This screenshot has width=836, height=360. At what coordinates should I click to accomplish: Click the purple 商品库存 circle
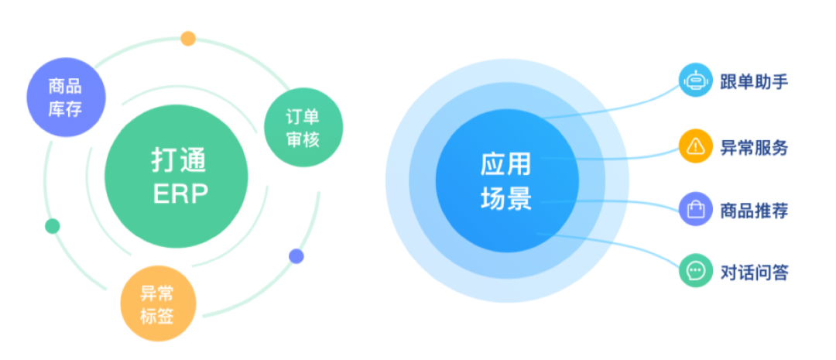coord(65,98)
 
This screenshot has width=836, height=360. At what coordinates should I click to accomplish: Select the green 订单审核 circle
coord(292,128)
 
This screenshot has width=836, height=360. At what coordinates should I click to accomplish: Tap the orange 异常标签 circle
coord(157,304)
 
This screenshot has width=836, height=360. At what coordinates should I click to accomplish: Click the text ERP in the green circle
coord(180,194)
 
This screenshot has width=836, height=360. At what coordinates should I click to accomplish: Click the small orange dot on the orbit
coord(188,38)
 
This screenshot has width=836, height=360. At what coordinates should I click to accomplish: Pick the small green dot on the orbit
coord(52,226)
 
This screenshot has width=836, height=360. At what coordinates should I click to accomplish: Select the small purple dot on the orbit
coord(296,255)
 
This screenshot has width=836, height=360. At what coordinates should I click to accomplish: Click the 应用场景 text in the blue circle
coord(505,181)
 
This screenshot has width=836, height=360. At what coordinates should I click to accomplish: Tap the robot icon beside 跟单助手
coord(695,81)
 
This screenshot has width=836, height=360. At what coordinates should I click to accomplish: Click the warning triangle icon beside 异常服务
coord(695,146)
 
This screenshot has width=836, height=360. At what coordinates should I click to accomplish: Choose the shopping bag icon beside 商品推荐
coord(695,209)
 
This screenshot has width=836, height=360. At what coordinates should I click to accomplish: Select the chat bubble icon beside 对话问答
coord(695,271)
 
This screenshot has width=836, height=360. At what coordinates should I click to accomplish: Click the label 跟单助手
coord(754,81)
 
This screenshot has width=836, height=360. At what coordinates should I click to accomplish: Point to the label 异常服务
coord(754,146)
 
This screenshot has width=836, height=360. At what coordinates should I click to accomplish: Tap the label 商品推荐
coord(754,210)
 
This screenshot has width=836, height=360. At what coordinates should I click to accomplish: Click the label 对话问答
coord(754,272)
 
